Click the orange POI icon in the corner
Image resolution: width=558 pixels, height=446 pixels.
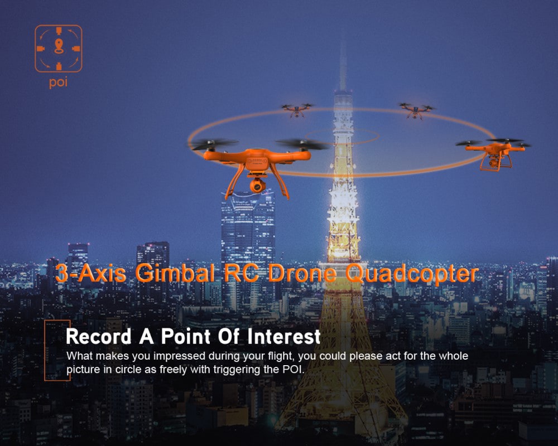click(x=59, y=49)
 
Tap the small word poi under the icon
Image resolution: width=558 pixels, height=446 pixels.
click(x=58, y=84)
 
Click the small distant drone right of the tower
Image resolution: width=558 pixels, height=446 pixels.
click(x=416, y=110)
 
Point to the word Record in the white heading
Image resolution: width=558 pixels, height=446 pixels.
click(x=97, y=337)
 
